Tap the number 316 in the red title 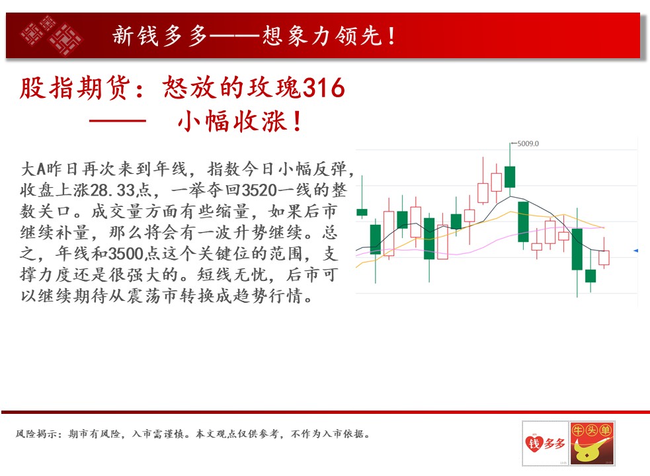[324, 87]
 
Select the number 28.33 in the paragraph [112, 190]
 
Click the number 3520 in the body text [259, 190]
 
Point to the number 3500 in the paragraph [126, 254]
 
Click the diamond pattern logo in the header [52, 36]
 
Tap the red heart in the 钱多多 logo [534, 443]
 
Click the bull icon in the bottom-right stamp [589, 450]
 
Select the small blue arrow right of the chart [635, 251]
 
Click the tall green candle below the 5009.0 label [510, 177]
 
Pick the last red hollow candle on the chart [604, 257]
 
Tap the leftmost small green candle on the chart [362, 212]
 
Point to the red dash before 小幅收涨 [117, 121]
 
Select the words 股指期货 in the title [75, 88]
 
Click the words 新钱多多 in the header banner [159, 36]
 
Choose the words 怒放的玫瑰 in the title [231, 88]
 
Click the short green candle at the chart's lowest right [590, 276]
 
